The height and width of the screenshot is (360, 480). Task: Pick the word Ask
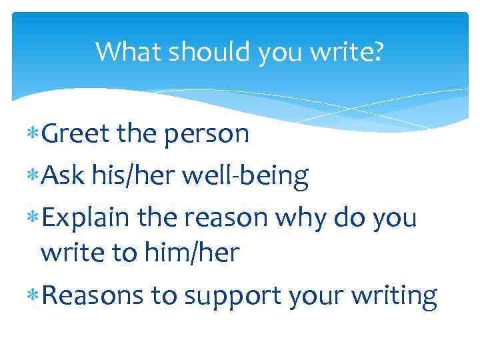[61, 175]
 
